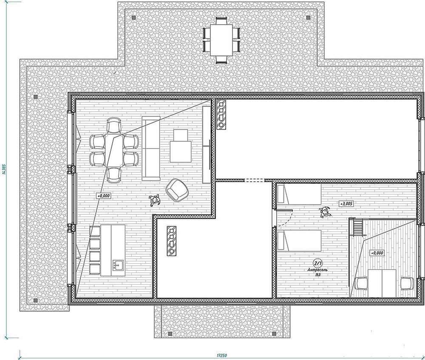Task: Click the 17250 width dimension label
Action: [x=221, y=355]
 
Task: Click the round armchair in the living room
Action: [x=176, y=190]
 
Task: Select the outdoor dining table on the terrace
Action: [x=221, y=40]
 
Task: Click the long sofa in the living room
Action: [x=151, y=148]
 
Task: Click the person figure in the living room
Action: [x=155, y=201]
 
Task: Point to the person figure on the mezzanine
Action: [x=325, y=211]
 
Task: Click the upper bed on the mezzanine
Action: [x=299, y=194]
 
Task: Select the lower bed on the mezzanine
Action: [x=299, y=240]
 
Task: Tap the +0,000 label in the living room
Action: [x=104, y=195]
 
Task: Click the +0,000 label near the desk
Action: [x=377, y=253]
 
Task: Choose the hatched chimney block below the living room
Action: [x=171, y=241]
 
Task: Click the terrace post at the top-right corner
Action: [x=308, y=17]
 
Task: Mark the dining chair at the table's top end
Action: [x=114, y=125]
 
